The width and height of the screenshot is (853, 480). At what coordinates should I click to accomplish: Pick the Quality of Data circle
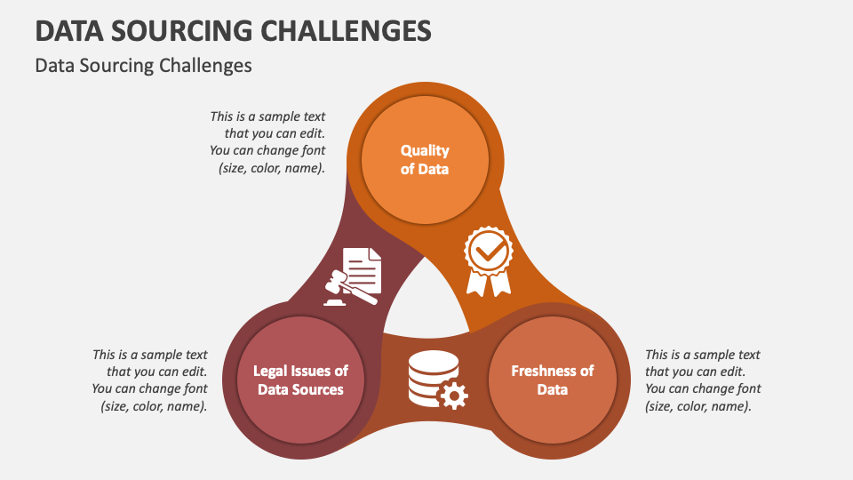tap(425, 159)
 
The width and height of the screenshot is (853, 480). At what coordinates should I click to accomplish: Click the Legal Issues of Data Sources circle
tap(300, 380)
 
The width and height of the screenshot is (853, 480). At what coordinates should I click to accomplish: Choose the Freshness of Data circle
tap(552, 380)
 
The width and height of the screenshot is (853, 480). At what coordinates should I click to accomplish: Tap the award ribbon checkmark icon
tap(489, 261)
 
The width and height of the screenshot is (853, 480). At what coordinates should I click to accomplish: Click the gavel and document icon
tap(353, 276)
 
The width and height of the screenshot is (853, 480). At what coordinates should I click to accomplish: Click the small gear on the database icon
tap(454, 394)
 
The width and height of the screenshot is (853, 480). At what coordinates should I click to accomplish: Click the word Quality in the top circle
tap(425, 150)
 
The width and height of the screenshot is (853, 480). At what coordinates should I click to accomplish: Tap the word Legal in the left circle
tap(272, 371)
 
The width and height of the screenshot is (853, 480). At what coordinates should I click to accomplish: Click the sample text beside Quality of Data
tap(267, 141)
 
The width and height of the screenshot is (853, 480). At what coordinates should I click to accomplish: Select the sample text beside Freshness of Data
tap(702, 380)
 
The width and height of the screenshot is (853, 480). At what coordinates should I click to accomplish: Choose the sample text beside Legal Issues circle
tap(150, 380)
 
